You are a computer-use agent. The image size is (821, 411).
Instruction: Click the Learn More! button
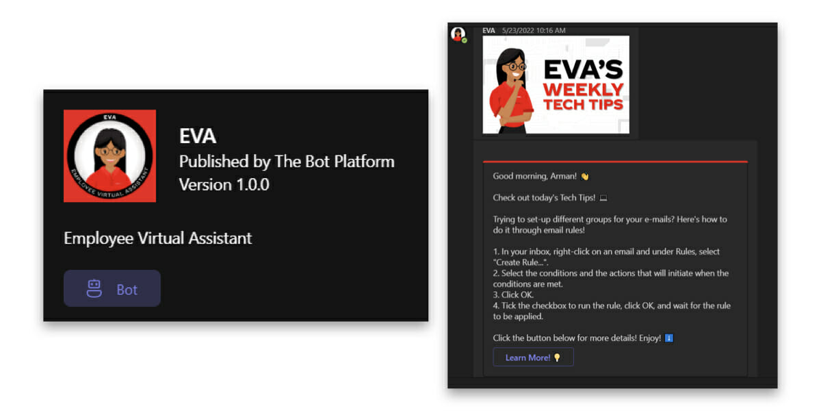533,357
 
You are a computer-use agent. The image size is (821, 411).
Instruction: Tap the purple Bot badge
112,288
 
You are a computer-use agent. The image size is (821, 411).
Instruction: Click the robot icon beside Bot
94,288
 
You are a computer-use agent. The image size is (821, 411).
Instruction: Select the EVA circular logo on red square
110,156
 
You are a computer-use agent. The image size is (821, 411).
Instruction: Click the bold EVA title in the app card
198,136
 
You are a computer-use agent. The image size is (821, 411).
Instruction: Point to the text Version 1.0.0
224,184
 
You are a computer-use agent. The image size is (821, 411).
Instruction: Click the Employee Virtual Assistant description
158,238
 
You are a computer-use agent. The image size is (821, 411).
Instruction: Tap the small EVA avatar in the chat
458,34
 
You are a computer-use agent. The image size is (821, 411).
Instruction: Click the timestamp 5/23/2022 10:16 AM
534,30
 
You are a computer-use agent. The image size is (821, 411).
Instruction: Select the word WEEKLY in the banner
583,90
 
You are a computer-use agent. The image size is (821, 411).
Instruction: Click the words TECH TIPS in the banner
583,105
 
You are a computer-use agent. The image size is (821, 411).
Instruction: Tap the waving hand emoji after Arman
584,177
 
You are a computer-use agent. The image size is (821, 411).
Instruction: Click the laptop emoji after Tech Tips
603,198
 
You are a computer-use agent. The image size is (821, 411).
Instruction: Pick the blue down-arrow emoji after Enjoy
669,338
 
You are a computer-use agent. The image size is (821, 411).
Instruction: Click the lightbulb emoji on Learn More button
557,358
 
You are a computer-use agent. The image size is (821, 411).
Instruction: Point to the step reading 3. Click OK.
513,295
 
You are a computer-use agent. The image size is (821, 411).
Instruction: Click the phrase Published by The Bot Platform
287,162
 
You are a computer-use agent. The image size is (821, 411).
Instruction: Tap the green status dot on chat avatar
465,40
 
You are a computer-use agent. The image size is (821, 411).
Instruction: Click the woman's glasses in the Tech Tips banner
516,67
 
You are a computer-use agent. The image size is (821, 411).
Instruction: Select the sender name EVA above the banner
488,30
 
